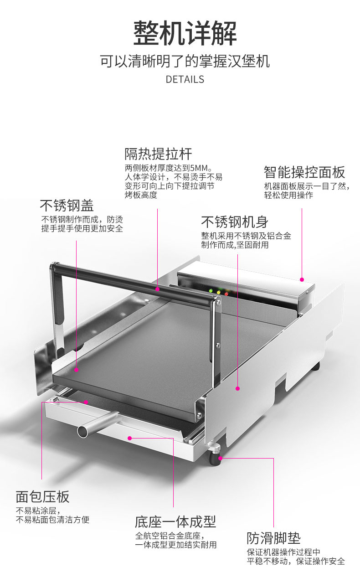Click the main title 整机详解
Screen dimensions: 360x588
pos(185,33)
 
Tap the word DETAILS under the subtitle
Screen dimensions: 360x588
pos(185,79)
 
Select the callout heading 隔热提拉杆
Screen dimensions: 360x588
pos(158,154)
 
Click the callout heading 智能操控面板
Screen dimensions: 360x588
pos(304,172)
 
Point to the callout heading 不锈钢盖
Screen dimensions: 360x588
pos(67,205)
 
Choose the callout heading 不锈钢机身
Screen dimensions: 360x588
pos(235,222)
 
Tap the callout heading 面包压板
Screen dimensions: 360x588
pos(42,496)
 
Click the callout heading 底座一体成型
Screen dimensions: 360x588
pos(175,521)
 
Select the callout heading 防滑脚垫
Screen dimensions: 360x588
pos(273,538)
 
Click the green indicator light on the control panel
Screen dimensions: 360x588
pos(211,291)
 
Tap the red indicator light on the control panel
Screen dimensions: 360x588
pos(226,294)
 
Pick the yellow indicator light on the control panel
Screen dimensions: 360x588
pos(218,293)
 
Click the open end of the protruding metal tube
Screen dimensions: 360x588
pos(82,432)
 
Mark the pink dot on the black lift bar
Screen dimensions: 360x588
pos(157,289)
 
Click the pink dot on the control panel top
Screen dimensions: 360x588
pos(302,279)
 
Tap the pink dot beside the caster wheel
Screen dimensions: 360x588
pos(221,459)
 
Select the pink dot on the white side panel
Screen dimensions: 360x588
pos(238,388)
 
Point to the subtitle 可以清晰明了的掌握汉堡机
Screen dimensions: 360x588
pos(185,61)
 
